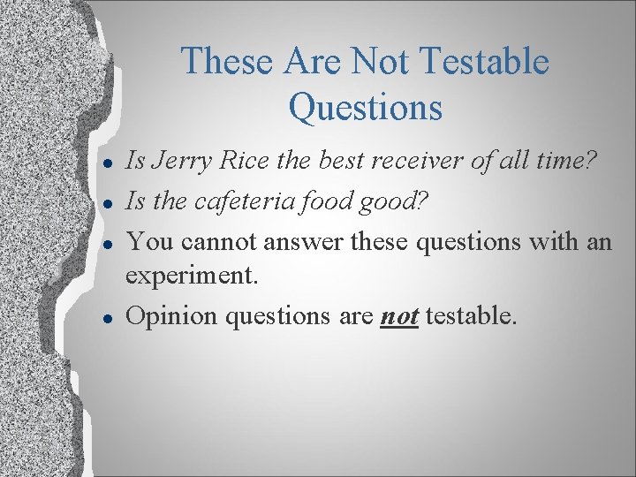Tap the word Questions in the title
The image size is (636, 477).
pyautogui.click(x=365, y=108)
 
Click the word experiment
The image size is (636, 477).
pyautogui.click(x=193, y=276)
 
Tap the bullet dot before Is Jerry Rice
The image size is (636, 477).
pyautogui.click(x=105, y=163)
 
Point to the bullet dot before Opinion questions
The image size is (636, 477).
pyautogui.click(x=105, y=317)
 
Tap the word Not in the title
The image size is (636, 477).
pyautogui.click(x=381, y=62)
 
